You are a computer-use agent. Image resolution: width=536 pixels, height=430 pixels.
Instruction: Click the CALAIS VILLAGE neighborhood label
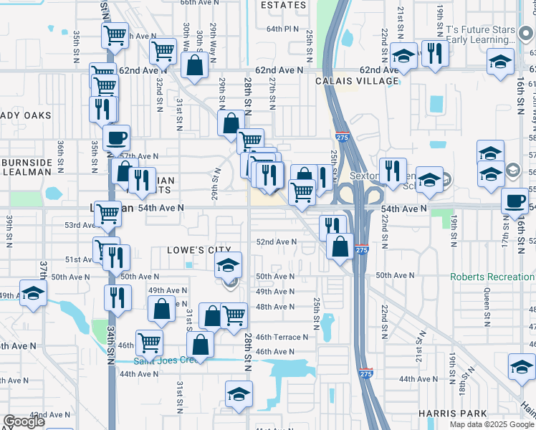click(357, 81)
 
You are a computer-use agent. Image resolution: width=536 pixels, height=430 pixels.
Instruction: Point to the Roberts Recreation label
click(492, 277)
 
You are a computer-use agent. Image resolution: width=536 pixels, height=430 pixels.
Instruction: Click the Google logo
click(24, 421)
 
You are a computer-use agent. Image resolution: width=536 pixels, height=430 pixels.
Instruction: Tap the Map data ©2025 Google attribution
click(491, 424)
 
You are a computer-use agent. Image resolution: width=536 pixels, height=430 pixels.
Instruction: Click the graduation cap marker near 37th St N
click(32, 294)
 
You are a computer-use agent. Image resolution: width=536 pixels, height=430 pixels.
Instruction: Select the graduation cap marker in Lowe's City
click(229, 265)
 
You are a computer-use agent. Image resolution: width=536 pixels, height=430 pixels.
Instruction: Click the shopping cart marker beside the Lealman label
click(108, 213)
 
